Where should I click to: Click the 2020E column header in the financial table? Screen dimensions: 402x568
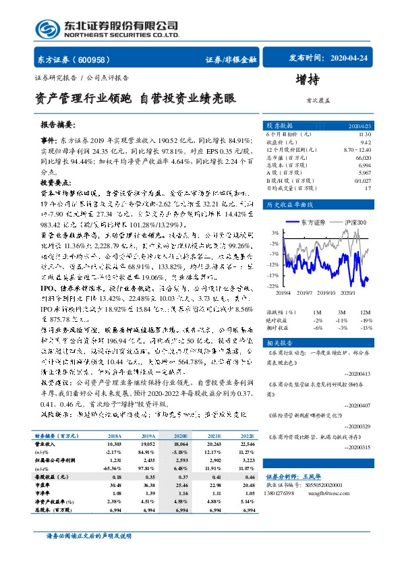(x=179, y=436)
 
